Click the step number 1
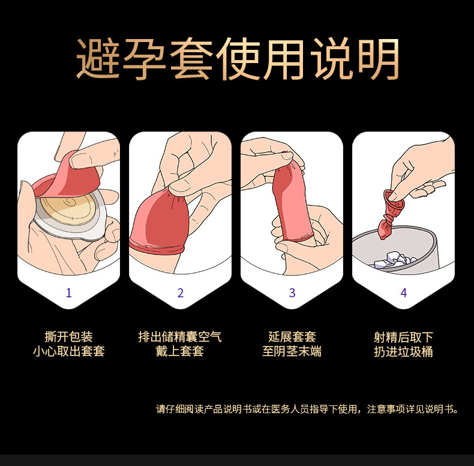click(68, 293)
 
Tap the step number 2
click(180, 293)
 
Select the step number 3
click(292, 293)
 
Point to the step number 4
click(403, 293)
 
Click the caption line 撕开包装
click(68, 337)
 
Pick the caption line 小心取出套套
click(68, 351)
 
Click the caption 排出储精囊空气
click(180, 337)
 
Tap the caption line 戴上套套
click(180, 351)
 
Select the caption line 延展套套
click(292, 337)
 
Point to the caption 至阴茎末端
click(292, 351)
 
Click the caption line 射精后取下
click(403, 337)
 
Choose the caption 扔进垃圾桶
click(403, 351)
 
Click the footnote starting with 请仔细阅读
click(308, 410)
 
